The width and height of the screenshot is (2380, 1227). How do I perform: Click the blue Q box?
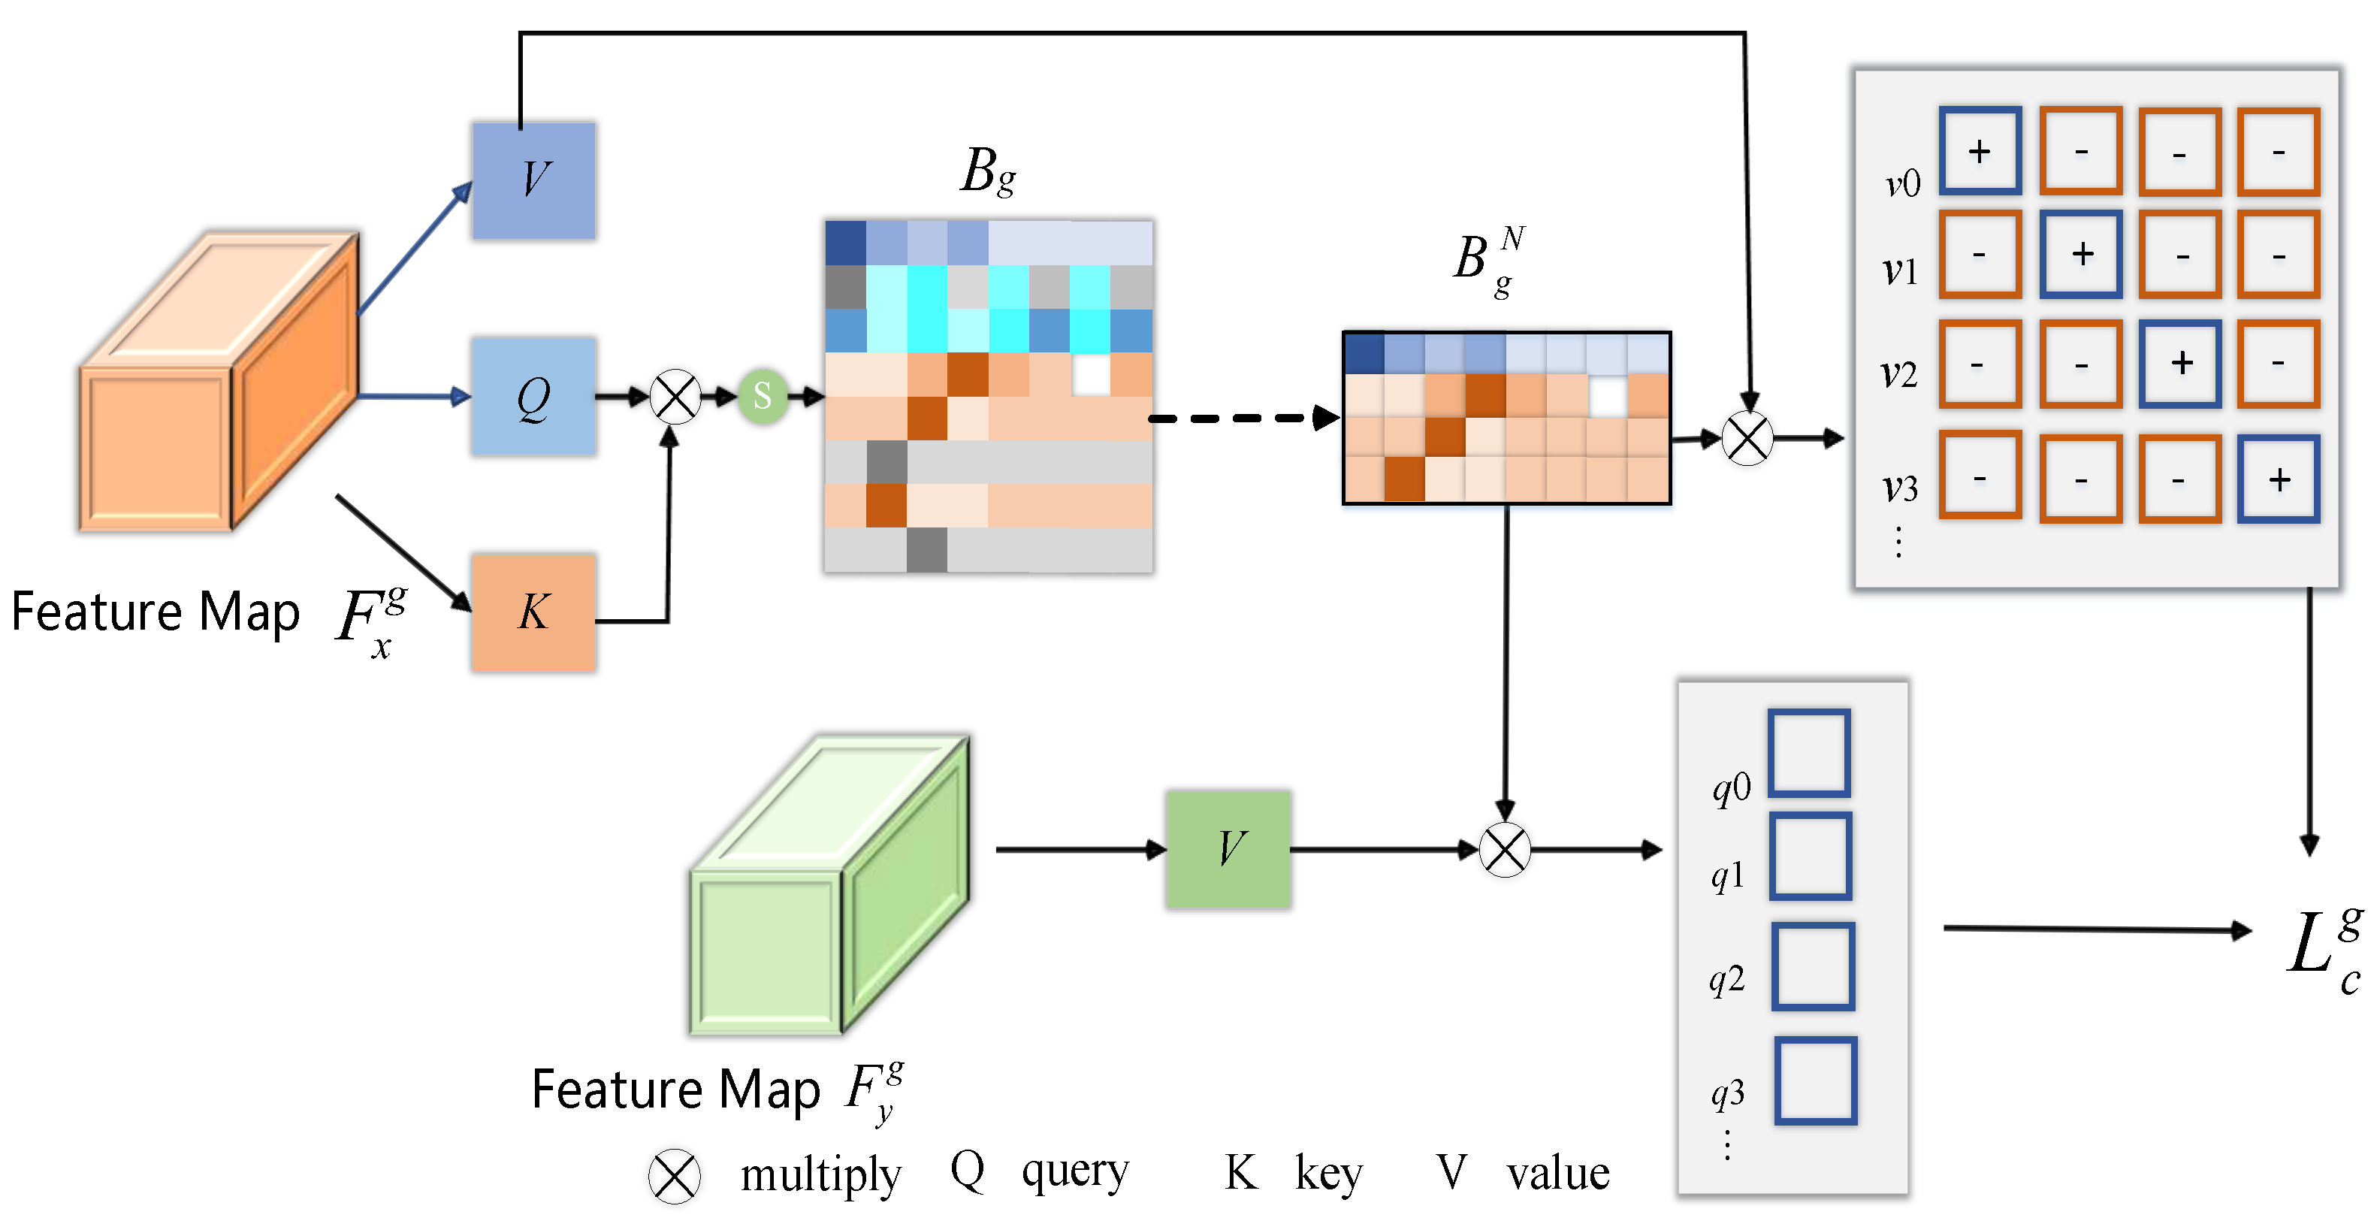click(x=533, y=397)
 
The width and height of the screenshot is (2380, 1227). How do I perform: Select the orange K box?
click(x=533, y=612)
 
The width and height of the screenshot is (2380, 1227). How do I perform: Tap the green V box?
click(x=1228, y=849)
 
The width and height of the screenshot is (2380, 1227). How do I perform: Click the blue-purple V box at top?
click(x=533, y=181)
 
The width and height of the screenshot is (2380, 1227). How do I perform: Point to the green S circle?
click(x=763, y=397)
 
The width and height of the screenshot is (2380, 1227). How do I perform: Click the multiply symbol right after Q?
click(x=675, y=397)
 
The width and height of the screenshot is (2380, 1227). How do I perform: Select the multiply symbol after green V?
click(x=1505, y=850)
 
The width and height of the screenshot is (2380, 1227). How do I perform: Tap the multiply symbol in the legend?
click(x=675, y=1176)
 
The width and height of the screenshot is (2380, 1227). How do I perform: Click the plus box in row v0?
click(x=1980, y=150)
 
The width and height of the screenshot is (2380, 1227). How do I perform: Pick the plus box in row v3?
click(x=2279, y=479)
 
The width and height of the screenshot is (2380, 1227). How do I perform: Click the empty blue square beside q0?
click(x=1809, y=753)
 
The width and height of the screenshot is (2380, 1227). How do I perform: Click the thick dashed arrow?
click(x=1243, y=419)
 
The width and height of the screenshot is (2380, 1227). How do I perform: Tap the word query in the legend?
click(x=1074, y=1172)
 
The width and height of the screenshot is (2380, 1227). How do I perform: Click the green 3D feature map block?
click(x=829, y=885)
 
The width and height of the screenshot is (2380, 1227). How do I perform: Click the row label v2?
click(x=1899, y=373)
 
